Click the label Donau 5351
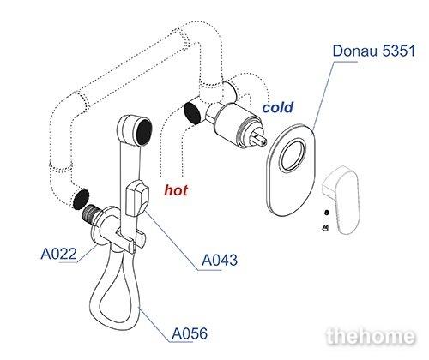[374, 51]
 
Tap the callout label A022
[59, 254]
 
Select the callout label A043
[220, 260]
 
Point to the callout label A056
[190, 333]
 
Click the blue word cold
[278, 107]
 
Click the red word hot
[176, 190]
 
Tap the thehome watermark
[371, 336]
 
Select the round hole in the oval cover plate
[293, 155]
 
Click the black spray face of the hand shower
[144, 133]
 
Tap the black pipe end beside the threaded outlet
[81, 199]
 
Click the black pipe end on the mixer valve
[192, 112]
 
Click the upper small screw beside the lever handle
[327, 213]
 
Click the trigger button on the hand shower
[137, 198]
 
